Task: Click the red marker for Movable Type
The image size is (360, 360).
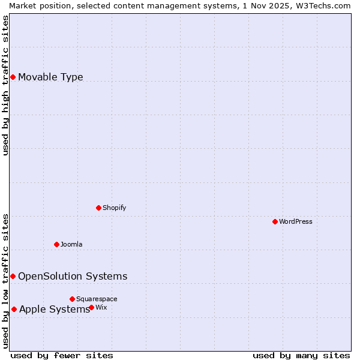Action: [13, 77]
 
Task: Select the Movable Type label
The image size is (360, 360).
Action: [50, 77]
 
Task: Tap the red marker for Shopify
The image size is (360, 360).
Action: [98, 208]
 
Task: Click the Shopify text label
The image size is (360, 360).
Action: [114, 208]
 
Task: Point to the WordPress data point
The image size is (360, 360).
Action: [275, 221]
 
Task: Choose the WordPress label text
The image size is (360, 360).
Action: [295, 221]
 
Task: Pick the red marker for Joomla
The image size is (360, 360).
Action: [56, 244]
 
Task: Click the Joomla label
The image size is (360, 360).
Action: [71, 244]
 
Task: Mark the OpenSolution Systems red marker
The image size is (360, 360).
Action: [13, 276]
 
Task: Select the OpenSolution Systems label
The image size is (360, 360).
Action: [73, 276]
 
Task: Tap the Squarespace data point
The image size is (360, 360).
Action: [72, 299]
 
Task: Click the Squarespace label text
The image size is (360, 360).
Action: [97, 299]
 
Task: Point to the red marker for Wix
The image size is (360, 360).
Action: [91, 307]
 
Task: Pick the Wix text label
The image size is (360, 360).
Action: [101, 307]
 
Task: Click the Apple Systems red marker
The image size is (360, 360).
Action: [14, 309]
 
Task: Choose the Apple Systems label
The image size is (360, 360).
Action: [54, 309]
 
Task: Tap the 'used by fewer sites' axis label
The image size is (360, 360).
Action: [62, 355]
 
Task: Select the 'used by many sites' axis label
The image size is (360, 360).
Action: [301, 355]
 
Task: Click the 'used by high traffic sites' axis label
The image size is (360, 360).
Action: [5, 85]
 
